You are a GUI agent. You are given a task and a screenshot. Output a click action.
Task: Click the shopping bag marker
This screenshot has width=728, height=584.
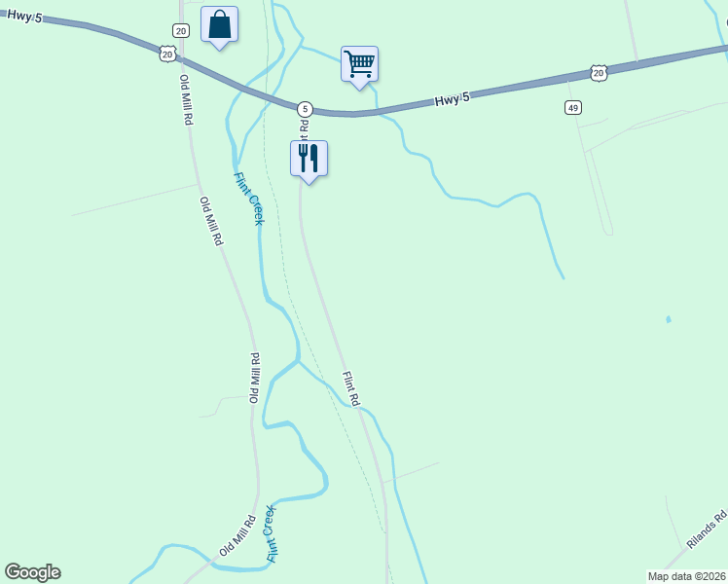(219, 24)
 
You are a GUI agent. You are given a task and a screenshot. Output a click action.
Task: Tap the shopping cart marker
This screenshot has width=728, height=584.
(359, 64)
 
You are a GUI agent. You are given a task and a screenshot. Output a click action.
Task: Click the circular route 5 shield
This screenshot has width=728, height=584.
(305, 108)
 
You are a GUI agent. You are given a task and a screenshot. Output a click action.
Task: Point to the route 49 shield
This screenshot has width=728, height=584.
(572, 106)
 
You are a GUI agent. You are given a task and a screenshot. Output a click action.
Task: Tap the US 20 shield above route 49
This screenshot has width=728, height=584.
(599, 73)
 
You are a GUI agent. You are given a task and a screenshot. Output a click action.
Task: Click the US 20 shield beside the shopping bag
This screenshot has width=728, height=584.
(168, 55)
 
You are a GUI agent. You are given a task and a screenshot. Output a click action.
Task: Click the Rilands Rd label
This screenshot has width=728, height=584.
(708, 529)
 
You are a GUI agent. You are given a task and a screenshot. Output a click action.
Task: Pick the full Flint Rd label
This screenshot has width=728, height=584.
(350, 388)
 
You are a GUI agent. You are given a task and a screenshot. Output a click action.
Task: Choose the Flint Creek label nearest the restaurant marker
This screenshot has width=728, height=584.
(248, 199)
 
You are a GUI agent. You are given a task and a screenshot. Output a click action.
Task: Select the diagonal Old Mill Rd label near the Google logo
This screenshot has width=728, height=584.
(237, 535)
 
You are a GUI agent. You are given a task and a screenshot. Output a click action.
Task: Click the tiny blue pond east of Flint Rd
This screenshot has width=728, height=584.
(668, 319)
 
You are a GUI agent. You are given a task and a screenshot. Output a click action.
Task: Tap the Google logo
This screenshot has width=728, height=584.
(32, 572)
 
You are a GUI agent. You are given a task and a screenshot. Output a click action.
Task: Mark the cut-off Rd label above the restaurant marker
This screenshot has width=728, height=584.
(304, 127)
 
